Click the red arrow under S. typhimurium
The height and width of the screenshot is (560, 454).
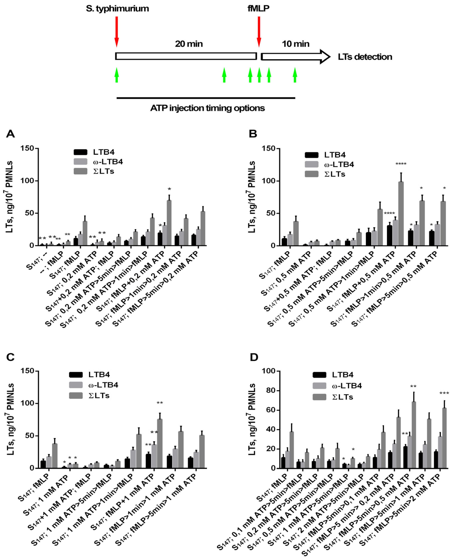117,31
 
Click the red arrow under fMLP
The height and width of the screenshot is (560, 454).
259,31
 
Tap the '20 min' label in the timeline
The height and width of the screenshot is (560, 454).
189,44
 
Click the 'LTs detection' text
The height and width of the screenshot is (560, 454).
365,57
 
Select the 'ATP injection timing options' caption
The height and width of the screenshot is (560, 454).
207,108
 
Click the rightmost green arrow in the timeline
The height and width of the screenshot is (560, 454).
295,75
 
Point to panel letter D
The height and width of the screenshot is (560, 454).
254,357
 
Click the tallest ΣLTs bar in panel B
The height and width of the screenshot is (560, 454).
401,213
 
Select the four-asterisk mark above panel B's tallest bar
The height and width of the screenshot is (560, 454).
401,164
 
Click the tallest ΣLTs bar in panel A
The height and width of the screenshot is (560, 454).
169,222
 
